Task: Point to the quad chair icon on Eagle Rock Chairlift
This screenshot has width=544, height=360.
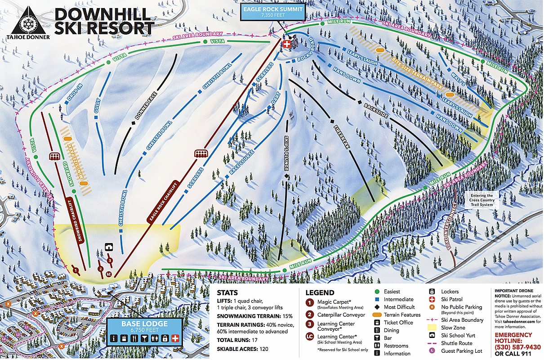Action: pos(201,153)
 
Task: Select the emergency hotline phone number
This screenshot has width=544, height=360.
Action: pos(518,347)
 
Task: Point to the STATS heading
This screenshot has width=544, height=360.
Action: pos(228,293)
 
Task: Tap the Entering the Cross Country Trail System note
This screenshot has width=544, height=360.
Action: pos(482,200)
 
